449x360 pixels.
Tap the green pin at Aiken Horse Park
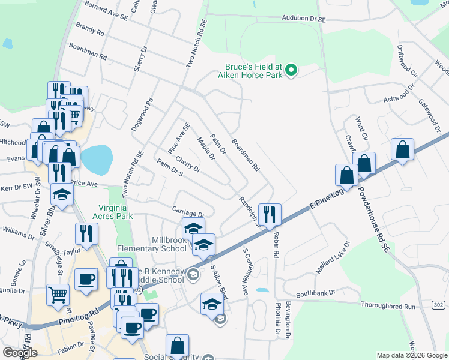tap(291, 71)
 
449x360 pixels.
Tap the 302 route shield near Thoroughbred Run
tap(438, 305)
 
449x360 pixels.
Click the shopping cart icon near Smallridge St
tap(58, 294)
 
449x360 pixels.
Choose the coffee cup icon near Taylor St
tap(86, 279)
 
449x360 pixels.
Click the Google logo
tap(20, 352)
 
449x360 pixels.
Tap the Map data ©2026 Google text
tap(411, 355)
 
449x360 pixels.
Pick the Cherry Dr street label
tap(188, 164)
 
